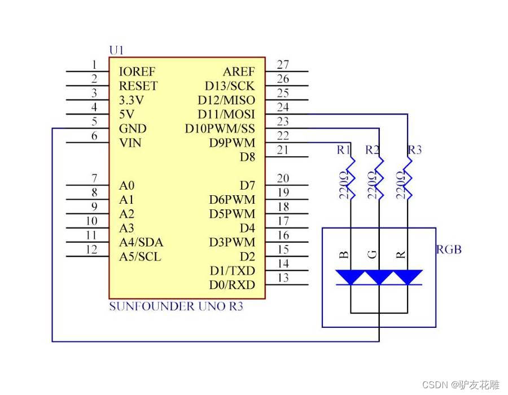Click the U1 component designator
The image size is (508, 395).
(x=116, y=51)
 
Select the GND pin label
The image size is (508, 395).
(x=133, y=129)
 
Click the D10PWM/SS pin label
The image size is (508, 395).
(x=220, y=129)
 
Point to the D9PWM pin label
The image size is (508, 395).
(x=231, y=143)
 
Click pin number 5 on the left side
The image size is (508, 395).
(x=94, y=121)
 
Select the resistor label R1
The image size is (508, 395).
(x=343, y=150)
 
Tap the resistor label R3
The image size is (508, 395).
(x=414, y=150)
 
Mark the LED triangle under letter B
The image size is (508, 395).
(x=351, y=276)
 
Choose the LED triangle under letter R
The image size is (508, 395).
(x=408, y=276)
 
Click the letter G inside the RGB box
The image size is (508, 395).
(x=373, y=254)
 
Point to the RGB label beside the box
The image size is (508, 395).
(x=449, y=249)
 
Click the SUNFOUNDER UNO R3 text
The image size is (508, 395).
(x=176, y=307)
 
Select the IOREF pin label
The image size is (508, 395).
(x=137, y=72)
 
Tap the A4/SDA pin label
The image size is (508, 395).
(x=141, y=243)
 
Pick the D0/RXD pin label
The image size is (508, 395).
(x=232, y=285)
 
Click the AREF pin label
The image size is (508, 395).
(x=239, y=72)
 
